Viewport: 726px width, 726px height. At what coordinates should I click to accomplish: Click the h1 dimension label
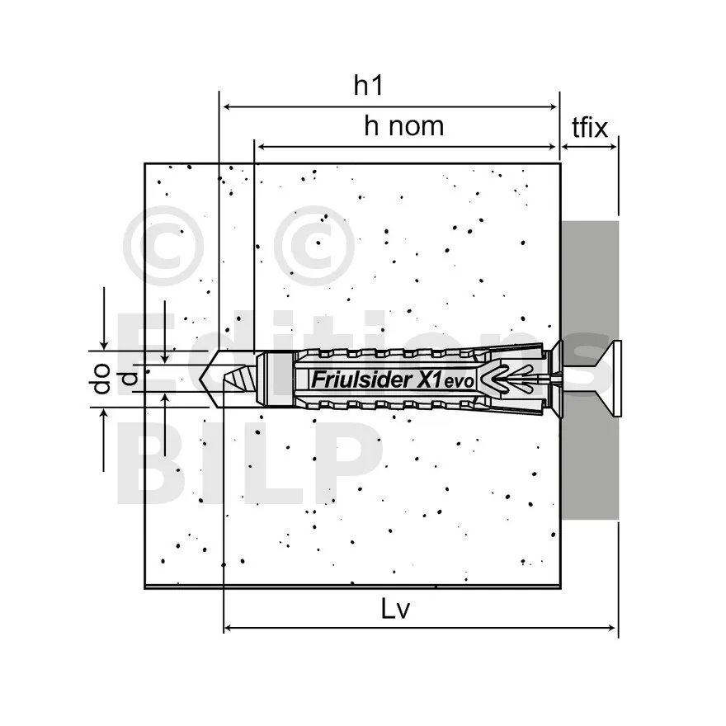click(x=368, y=85)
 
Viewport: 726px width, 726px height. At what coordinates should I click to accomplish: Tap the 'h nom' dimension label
click(x=403, y=126)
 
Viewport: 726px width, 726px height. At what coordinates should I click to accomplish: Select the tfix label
click(x=589, y=127)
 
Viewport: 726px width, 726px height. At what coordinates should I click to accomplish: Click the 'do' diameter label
click(x=101, y=379)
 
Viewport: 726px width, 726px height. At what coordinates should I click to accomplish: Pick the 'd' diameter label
click(x=130, y=379)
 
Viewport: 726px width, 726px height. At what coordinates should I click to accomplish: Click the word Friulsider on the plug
click(x=361, y=379)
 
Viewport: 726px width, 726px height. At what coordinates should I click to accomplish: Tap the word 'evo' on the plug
click(x=460, y=381)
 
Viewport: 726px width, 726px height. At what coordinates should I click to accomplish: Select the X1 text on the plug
click(x=429, y=379)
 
